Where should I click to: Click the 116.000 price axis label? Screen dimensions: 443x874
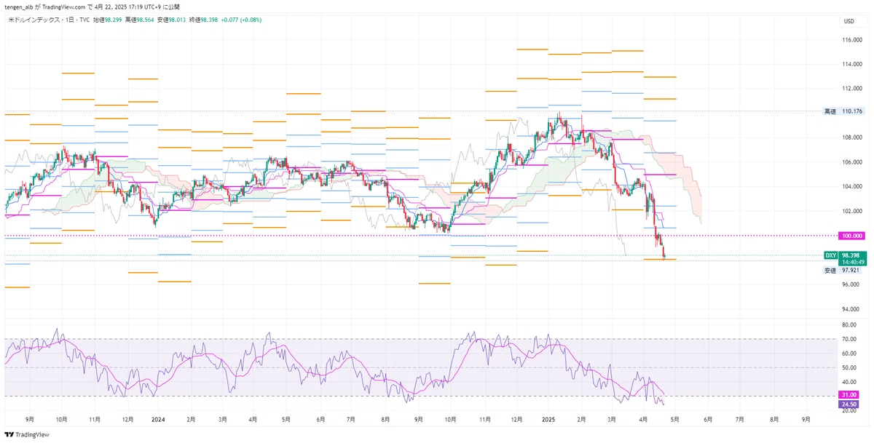click(x=851, y=40)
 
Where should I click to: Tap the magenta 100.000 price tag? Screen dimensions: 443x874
click(x=851, y=236)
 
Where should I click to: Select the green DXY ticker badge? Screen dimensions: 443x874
click(x=830, y=255)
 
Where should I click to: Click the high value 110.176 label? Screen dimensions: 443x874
click(x=851, y=111)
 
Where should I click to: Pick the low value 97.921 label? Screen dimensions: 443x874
click(x=851, y=270)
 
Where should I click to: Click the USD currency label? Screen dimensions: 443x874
click(x=849, y=21)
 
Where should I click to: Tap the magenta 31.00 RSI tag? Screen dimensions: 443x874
click(x=849, y=395)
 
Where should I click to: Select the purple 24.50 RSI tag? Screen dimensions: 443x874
click(x=849, y=404)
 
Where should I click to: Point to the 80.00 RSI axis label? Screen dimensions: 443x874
click(x=849, y=325)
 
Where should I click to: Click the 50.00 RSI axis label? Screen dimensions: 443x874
click(x=849, y=367)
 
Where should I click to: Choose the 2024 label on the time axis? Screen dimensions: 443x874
click(x=158, y=420)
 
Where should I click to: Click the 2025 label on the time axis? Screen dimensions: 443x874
click(x=549, y=420)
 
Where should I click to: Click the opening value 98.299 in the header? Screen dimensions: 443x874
click(x=112, y=20)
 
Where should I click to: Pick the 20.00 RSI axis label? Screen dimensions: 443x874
click(x=849, y=410)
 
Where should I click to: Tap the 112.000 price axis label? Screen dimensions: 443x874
click(x=851, y=89)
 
